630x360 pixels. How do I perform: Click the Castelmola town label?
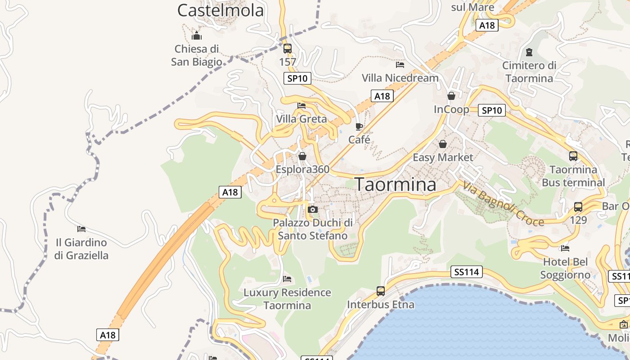(220, 10)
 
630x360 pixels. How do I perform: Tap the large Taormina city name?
(396, 184)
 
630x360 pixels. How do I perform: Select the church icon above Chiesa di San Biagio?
(197, 36)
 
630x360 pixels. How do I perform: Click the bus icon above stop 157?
(288, 48)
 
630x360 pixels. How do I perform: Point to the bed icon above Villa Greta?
(301, 106)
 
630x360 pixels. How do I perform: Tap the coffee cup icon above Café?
(359, 126)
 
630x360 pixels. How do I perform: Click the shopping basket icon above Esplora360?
(302, 156)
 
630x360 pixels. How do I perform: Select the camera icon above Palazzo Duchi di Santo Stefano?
(313, 209)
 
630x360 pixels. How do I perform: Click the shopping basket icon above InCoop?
(451, 96)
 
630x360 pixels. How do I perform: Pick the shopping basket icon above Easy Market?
(443, 144)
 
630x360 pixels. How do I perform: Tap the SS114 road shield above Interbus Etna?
(467, 272)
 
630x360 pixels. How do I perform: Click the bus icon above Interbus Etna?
(381, 291)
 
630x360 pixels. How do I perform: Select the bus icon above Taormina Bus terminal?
(573, 156)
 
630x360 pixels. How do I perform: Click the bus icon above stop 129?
(578, 207)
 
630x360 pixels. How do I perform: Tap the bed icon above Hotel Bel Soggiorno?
(565, 248)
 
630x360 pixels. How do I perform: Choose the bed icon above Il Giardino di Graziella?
(81, 229)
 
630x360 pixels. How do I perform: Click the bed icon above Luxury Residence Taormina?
(287, 279)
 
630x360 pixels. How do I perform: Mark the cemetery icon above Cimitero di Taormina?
(529, 52)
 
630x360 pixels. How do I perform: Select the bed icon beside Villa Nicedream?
(400, 65)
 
